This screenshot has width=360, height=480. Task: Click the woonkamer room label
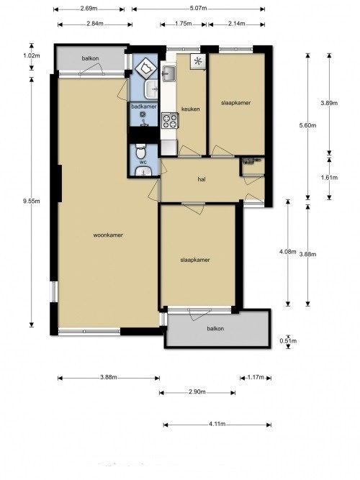(108, 235)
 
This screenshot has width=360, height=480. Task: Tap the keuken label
(191, 109)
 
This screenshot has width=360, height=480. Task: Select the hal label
(202, 179)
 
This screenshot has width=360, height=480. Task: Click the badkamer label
(144, 107)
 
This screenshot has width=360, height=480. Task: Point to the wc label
(143, 162)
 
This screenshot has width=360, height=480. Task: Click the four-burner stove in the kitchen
(170, 120)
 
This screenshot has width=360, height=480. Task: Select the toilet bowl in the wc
(140, 151)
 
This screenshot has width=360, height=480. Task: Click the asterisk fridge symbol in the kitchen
(197, 61)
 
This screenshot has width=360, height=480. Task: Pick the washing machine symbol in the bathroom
(146, 66)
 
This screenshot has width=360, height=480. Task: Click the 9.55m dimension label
(31, 201)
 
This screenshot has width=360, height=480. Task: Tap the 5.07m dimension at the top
(198, 9)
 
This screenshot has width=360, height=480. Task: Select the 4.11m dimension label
(217, 424)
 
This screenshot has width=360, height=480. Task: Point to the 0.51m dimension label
(288, 340)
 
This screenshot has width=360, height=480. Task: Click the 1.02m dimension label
(32, 55)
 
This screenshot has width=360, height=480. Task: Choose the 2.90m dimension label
(197, 392)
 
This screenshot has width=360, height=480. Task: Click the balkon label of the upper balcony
(90, 58)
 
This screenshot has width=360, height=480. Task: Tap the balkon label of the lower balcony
(215, 329)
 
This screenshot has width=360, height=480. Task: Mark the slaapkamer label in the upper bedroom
(236, 103)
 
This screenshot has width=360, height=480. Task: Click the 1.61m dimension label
(329, 178)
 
